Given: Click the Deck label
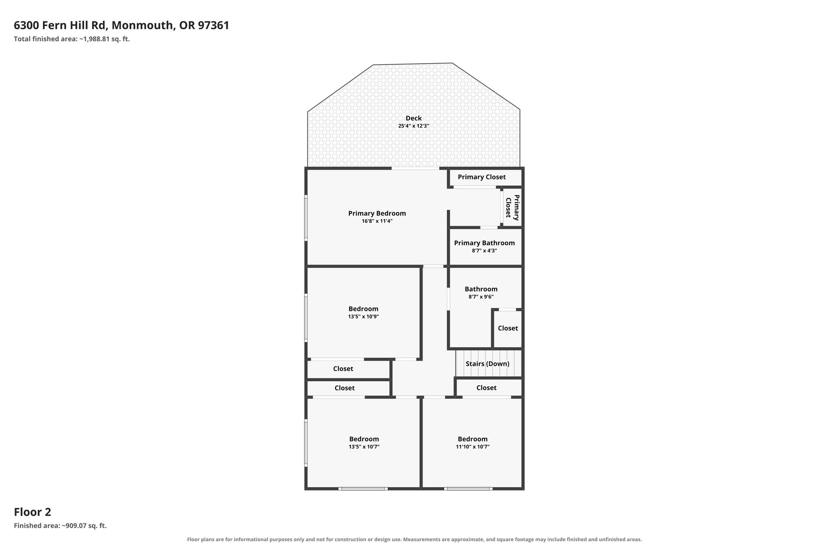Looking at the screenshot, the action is pyautogui.click(x=414, y=118).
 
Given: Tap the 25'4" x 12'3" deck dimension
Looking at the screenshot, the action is pyautogui.click(x=414, y=126).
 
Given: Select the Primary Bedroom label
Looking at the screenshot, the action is pyautogui.click(x=377, y=214).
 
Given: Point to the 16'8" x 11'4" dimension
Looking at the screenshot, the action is pyautogui.click(x=377, y=221).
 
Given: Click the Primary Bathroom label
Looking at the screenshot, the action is pyautogui.click(x=484, y=243).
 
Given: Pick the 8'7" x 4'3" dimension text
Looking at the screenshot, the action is pyautogui.click(x=484, y=251).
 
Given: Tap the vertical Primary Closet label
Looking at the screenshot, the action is pyautogui.click(x=512, y=207).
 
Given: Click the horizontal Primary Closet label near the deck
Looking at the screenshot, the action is pyautogui.click(x=482, y=177).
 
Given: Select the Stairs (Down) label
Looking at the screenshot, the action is pyautogui.click(x=487, y=364).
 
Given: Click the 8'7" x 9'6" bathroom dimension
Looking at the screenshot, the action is pyautogui.click(x=481, y=297).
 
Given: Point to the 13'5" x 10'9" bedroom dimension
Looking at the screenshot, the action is pyautogui.click(x=363, y=317).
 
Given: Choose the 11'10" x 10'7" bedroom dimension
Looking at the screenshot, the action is pyautogui.click(x=473, y=447).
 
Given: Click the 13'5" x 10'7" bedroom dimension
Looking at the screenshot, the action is pyautogui.click(x=364, y=447).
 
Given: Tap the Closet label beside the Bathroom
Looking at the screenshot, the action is pyautogui.click(x=508, y=328).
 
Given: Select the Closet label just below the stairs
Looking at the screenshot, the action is pyautogui.click(x=486, y=388).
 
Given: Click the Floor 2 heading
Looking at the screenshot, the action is pyautogui.click(x=32, y=512).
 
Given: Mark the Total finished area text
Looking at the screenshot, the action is pyautogui.click(x=72, y=39).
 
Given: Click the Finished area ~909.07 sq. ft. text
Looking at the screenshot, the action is pyautogui.click(x=60, y=526).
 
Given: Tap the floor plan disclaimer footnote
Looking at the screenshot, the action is pyautogui.click(x=414, y=540).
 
